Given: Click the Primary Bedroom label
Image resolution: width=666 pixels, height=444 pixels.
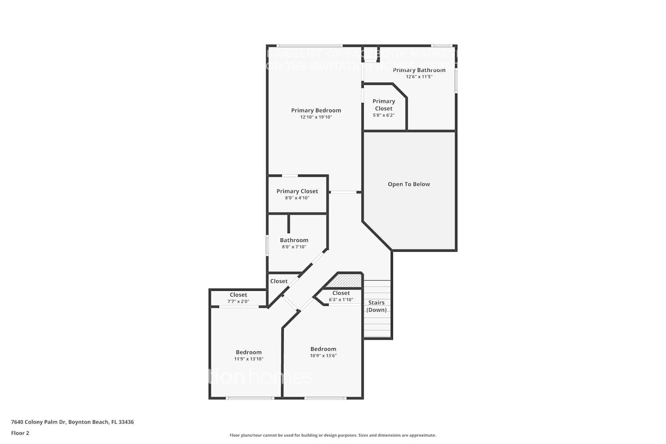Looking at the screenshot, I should [316, 111].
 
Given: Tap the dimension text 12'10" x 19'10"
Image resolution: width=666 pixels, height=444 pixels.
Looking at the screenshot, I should [316, 117].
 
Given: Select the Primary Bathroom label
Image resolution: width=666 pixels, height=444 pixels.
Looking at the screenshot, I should [419, 70].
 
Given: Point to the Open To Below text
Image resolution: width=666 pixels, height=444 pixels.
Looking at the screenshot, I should [408, 184].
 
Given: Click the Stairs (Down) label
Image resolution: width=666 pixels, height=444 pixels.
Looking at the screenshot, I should [377, 306].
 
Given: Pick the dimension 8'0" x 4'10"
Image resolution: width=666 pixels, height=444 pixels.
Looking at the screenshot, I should [297, 198].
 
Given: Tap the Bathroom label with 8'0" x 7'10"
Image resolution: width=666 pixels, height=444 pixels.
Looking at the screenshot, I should [294, 240].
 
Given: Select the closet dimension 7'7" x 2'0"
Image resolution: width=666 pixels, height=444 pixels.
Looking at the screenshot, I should [238, 301].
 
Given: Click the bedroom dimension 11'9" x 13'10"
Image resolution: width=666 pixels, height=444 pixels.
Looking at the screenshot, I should [249, 359].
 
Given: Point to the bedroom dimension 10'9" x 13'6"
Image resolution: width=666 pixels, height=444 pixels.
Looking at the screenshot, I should [323, 356].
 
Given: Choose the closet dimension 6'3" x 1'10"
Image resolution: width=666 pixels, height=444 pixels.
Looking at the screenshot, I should [341, 300].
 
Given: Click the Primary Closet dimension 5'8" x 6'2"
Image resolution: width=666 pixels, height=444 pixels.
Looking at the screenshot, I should [384, 115].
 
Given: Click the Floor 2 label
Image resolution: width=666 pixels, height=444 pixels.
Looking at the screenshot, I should [20, 433].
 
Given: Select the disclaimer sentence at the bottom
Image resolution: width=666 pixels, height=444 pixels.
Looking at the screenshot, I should [333, 435].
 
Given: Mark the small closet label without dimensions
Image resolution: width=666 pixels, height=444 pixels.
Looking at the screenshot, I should [279, 281].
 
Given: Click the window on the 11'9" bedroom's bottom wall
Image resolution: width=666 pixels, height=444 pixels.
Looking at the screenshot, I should [250, 398].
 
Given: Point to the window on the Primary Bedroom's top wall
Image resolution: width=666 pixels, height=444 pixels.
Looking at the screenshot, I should [309, 45].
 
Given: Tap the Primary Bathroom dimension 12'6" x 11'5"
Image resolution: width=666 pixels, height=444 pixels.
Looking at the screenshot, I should [419, 77].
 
